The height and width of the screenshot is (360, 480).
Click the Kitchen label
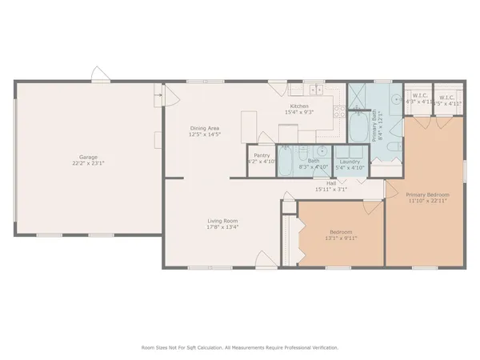299,106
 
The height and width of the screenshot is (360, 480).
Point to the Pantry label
261,156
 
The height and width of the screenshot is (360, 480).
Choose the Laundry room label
349,162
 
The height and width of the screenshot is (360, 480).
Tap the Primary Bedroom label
427,194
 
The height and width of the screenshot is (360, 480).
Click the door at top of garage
100,77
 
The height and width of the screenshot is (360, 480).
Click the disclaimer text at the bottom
240,347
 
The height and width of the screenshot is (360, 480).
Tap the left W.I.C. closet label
416,100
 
